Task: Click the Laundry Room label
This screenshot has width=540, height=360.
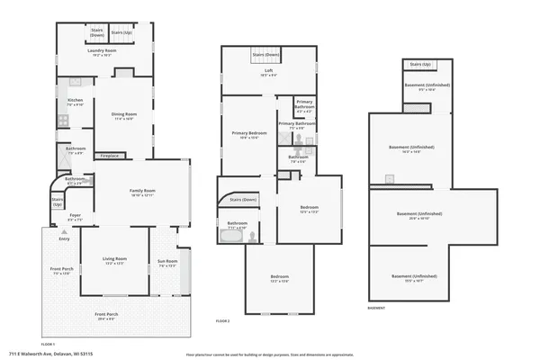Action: point(103,52)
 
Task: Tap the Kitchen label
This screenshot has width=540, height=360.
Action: point(76,102)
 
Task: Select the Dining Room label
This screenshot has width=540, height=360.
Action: point(123,115)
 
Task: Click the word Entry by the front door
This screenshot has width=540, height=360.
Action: point(64,238)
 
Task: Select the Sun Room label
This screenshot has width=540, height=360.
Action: point(167,263)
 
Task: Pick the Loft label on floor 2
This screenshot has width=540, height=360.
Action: point(267,71)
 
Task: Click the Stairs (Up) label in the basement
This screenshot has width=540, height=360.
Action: point(418,65)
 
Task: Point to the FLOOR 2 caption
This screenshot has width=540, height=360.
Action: point(222,320)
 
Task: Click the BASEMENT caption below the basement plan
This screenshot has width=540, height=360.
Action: point(377,307)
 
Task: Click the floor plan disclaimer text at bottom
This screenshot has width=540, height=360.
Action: point(270,354)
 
